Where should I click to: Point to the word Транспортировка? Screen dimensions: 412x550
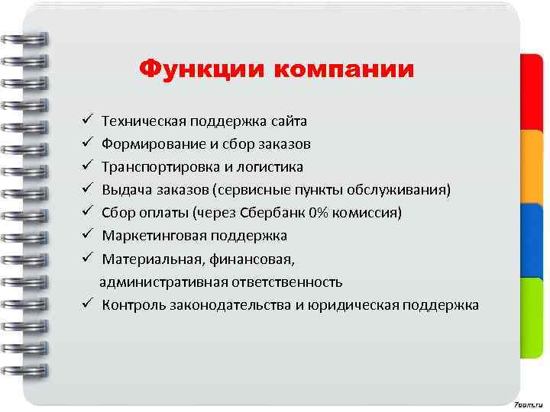click(157, 166)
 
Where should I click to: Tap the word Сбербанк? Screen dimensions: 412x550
click(273, 213)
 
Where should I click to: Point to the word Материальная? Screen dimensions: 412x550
click(147, 259)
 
